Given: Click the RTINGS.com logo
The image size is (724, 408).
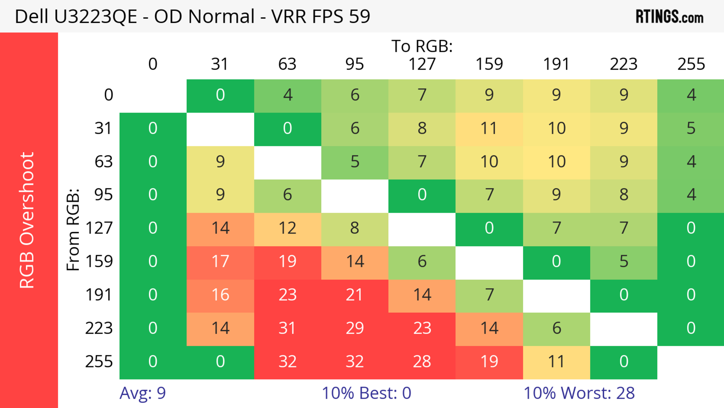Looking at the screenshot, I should pos(670,16).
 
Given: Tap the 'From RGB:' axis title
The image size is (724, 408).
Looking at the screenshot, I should pos(73,230).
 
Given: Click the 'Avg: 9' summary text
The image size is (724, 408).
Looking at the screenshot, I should pos(143,393).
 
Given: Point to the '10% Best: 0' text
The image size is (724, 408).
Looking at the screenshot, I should pos(366,393).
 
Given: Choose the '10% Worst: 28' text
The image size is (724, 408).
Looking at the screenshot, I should pos(579,393).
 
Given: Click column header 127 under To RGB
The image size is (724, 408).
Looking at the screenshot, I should pos(422,64).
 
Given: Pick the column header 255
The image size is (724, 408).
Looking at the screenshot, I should pos(691,64).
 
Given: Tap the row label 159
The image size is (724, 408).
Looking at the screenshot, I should pos(99,261).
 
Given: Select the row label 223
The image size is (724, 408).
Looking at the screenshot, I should pos(99,328).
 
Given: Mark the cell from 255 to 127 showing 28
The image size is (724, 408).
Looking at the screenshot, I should pos(422,362).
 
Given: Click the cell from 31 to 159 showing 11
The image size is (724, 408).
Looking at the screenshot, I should pos(489,128).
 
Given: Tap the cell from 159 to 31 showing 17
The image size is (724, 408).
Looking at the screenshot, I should pos(220,261).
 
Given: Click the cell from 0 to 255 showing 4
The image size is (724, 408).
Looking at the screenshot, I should pos(691,95).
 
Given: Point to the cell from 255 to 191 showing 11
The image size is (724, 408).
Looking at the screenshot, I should pos(556,362).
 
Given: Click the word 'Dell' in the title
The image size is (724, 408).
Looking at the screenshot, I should pos(31,16).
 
